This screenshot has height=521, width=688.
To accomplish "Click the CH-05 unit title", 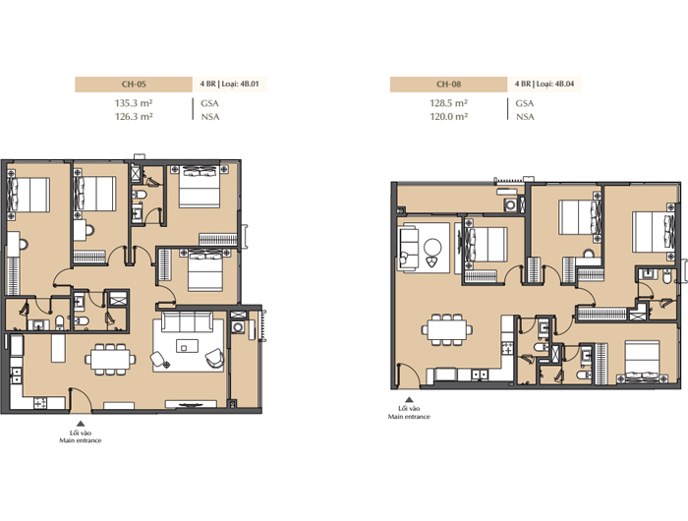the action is pos(134,84).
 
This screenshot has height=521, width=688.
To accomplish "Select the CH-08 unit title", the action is pos(448,84).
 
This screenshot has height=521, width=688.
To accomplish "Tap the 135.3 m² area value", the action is pos(134,103).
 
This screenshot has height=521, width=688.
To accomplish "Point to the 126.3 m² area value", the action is pos(134,116).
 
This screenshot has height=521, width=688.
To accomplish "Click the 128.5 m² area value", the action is pos(448,103).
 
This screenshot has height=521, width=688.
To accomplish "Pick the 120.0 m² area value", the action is pos(448,116).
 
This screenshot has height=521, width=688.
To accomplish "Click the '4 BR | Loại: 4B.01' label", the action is pos(229,84).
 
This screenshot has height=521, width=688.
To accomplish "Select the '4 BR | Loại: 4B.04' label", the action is pos(545,84).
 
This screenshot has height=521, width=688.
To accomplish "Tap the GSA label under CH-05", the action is pos(209,103).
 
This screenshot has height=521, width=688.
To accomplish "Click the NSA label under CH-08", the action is pos(525,117).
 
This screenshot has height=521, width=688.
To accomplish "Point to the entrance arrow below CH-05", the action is pos(81,424).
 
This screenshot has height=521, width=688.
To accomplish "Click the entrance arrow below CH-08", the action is pos(409,400).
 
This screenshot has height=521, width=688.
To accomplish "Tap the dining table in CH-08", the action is pos(447,329).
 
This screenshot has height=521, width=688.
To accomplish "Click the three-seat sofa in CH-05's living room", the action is pos(188,321).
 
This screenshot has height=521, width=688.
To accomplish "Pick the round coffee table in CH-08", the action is pos(433,248).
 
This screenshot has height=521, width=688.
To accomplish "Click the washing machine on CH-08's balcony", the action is pos(510,205).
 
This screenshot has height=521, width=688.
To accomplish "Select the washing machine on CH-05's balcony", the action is pos(238,327).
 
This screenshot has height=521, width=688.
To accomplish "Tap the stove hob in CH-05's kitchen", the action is pos(41,403).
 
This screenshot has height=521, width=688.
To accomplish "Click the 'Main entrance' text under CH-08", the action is pos(409,417).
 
